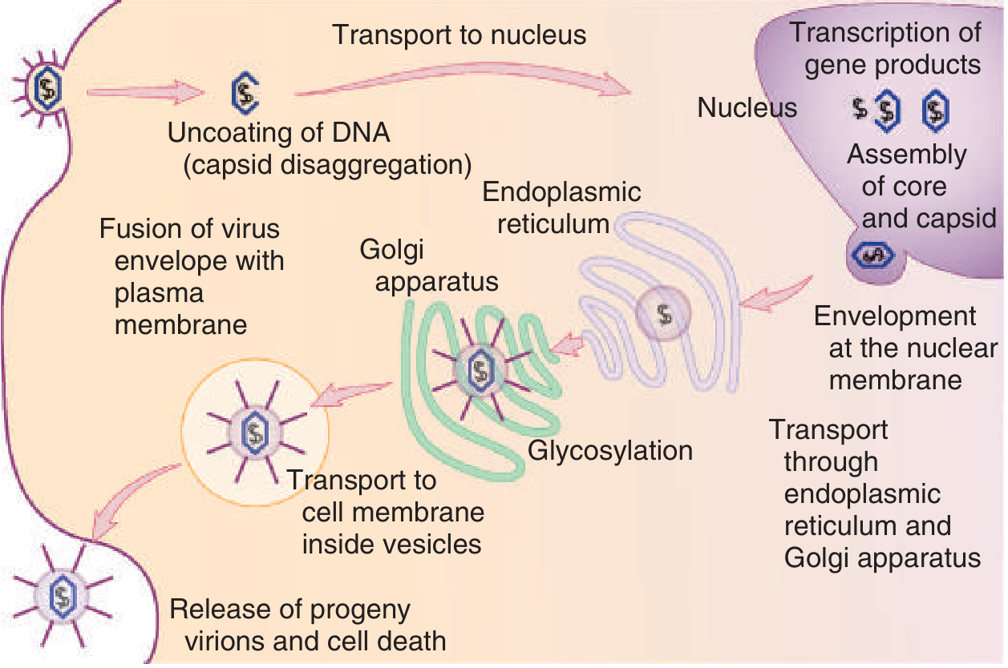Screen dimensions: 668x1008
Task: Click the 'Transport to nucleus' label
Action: tap(459, 35)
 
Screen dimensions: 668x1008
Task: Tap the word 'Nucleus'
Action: tap(747, 108)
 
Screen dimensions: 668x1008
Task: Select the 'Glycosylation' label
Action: tap(609, 451)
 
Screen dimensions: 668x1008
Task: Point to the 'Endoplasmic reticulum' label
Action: tap(561, 207)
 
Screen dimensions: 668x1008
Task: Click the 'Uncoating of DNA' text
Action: tap(278, 133)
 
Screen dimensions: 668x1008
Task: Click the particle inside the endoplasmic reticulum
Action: tap(664, 313)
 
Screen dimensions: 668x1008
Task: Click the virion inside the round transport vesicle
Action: tap(254, 435)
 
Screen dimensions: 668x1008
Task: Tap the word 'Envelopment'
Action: tap(894, 316)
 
